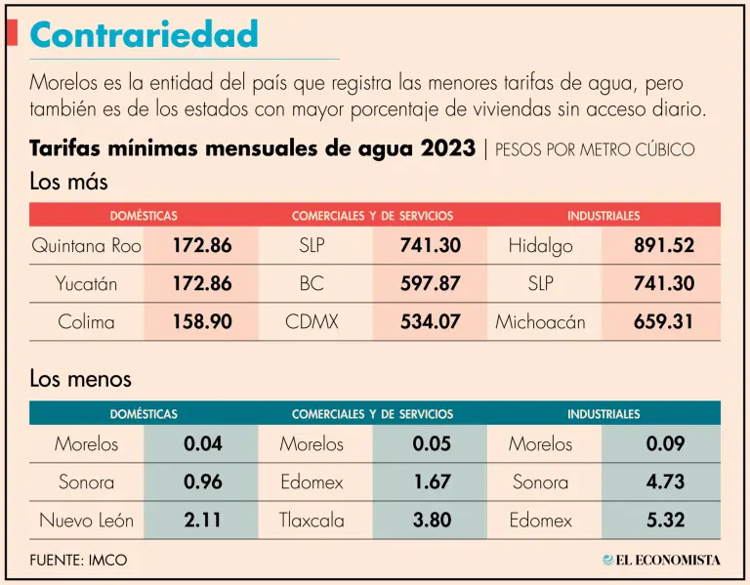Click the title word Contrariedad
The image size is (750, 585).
(x=145, y=35)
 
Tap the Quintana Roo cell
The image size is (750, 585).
(x=86, y=245)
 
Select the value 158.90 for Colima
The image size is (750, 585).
(x=202, y=321)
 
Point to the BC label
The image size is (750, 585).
(x=312, y=283)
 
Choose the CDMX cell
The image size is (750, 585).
(x=312, y=321)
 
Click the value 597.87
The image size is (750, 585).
(x=430, y=283)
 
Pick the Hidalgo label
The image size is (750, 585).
(x=540, y=245)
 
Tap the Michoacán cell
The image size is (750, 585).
(x=540, y=321)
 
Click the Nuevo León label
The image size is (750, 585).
(x=86, y=521)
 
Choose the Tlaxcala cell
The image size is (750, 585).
(x=312, y=521)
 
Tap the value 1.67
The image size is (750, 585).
(x=432, y=482)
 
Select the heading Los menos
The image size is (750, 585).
(x=80, y=378)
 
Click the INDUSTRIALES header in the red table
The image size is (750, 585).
(x=604, y=215)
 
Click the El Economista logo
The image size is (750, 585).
(x=661, y=560)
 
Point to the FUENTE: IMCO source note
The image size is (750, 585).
(x=78, y=561)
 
